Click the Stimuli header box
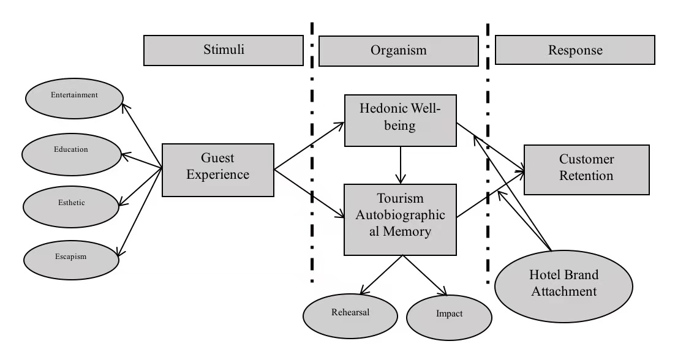pyautogui.click(x=224, y=50)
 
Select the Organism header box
pyautogui.click(x=398, y=50)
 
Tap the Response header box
pyautogui.click(x=575, y=50)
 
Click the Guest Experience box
pyautogui.click(x=217, y=170)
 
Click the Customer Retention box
pyautogui.click(x=586, y=169)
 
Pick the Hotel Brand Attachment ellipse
pyautogui.click(x=563, y=283)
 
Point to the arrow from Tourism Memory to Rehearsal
pyautogui.click(x=382, y=274)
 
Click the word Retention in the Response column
pyautogui.click(x=586, y=176)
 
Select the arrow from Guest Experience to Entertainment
pyautogui.click(x=141, y=135)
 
